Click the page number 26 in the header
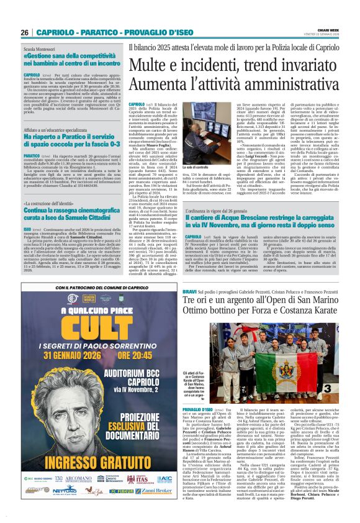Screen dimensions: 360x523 (25, 32)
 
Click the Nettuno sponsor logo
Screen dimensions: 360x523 (68, 507)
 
